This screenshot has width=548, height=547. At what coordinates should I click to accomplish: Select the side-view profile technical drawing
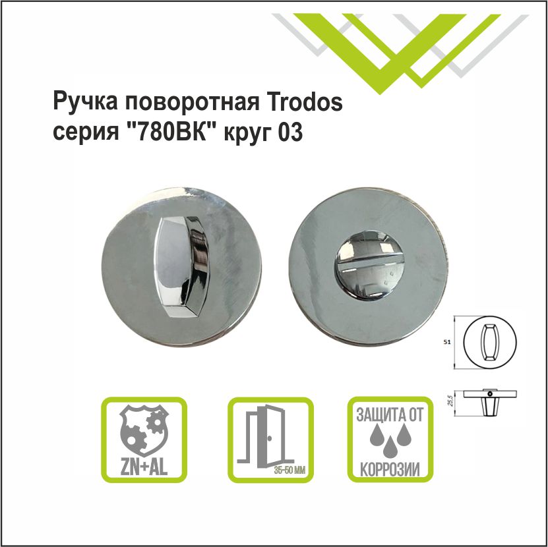click(491, 399)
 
